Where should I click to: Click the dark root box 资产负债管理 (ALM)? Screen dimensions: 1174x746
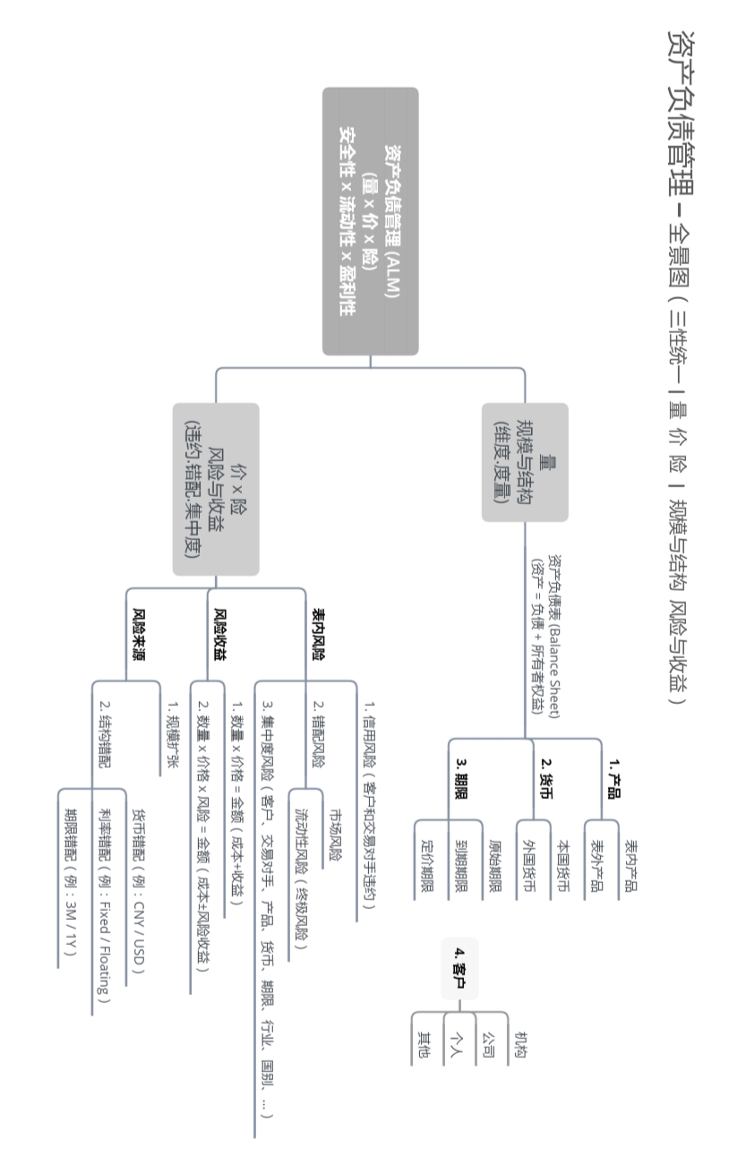point(371,220)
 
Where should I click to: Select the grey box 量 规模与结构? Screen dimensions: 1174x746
point(525,461)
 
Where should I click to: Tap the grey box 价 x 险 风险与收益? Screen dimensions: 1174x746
point(216,488)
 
